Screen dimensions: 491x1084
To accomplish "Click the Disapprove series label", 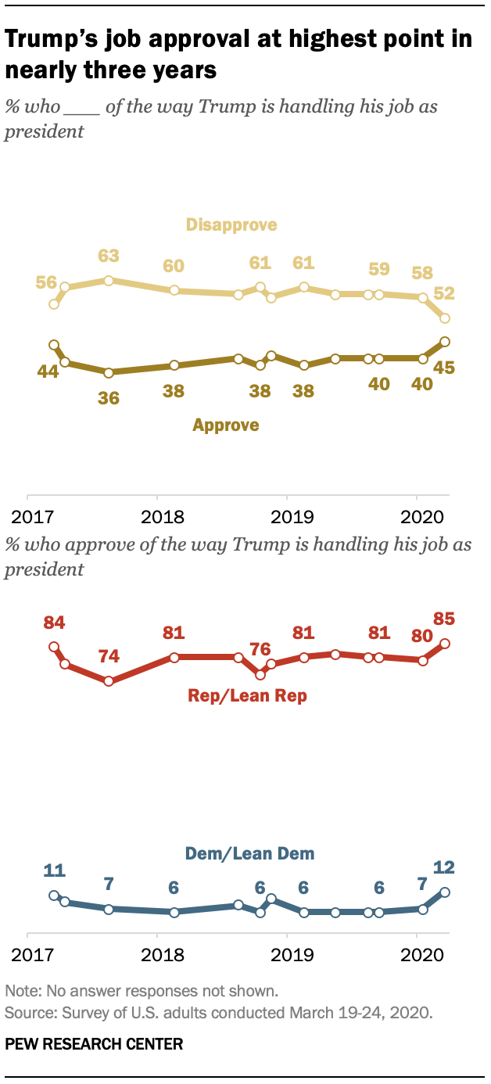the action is pyautogui.click(x=231, y=225).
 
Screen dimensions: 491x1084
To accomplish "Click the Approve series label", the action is pyautogui.click(x=226, y=425).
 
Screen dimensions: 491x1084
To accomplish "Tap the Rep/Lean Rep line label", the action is pyautogui.click(x=247, y=696).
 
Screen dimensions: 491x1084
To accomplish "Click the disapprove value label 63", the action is pyautogui.click(x=109, y=256).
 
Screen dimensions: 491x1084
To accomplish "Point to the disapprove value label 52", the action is pyautogui.click(x=444, y=293).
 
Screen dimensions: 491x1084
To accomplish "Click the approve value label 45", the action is pyautogui.click(x=444, y=368).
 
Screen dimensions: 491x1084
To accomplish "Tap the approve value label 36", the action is pyautogui.click(x=109, y=398).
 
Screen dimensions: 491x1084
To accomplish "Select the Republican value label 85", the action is pyautogui.click(x=444, y=619).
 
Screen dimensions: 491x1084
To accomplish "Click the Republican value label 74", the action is pyautogui.click(x=109, y=657).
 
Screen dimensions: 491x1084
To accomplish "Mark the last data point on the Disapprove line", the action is pyautogui.click(x=445, y=318).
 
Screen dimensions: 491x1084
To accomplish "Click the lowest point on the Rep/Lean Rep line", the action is pyautogui.click(x=109, y=681).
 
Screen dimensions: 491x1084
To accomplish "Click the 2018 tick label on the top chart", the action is pyautogui.click(x=163, y=517).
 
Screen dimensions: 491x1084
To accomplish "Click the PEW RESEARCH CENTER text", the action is pyautogui.click(x=94, y=1043).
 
